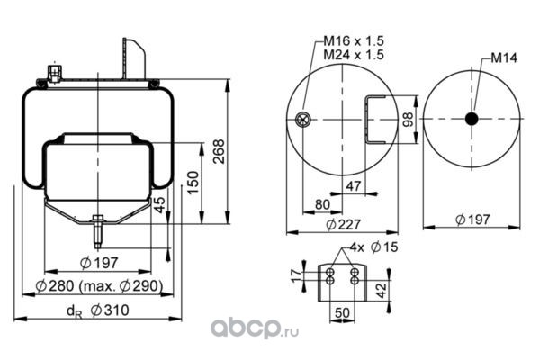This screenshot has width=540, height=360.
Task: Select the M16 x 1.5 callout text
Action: tap(354, 41)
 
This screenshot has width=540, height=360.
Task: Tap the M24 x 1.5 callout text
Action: tap(354, 55)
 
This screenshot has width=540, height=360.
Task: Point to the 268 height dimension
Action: tap(219, 151)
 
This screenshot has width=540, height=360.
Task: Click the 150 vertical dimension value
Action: tap(193, 183)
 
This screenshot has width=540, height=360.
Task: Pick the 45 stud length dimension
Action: tap(158, 205)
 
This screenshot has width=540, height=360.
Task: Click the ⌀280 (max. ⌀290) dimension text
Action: tap(99, 286)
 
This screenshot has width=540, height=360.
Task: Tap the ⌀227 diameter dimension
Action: tap(343, 225)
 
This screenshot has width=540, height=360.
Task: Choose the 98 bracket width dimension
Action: tap(408, 120)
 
